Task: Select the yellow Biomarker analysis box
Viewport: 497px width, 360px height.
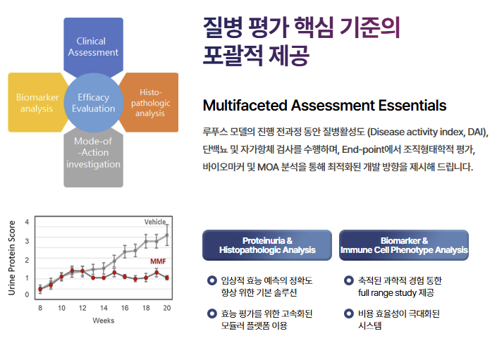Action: pos(37,102)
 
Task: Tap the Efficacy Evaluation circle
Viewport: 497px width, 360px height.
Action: pos(94,103)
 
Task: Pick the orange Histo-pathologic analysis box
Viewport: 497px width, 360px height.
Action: pos(149,102)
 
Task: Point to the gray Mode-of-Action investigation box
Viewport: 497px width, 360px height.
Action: pos(93,156)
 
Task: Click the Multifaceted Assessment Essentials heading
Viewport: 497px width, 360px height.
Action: pos(324,106)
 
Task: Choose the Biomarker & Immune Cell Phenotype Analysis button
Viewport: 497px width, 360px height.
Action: pos(404,245)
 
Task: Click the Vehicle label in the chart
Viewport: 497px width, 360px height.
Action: pos(155,222)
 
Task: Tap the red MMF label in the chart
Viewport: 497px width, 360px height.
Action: pos(158,261)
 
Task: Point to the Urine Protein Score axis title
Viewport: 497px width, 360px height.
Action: pos(12,258)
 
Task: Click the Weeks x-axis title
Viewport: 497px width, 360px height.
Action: pos(104,321)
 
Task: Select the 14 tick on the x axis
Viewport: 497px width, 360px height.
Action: pos(104,308)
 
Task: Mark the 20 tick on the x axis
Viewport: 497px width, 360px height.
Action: pos(167,308)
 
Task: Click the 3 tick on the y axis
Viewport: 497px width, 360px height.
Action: pos(27,241)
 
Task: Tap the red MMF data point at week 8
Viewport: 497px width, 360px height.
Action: pos(40,289)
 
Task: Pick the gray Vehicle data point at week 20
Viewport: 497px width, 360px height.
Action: pos(167,235)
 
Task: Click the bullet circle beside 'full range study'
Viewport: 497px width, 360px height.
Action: pos(349,280)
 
